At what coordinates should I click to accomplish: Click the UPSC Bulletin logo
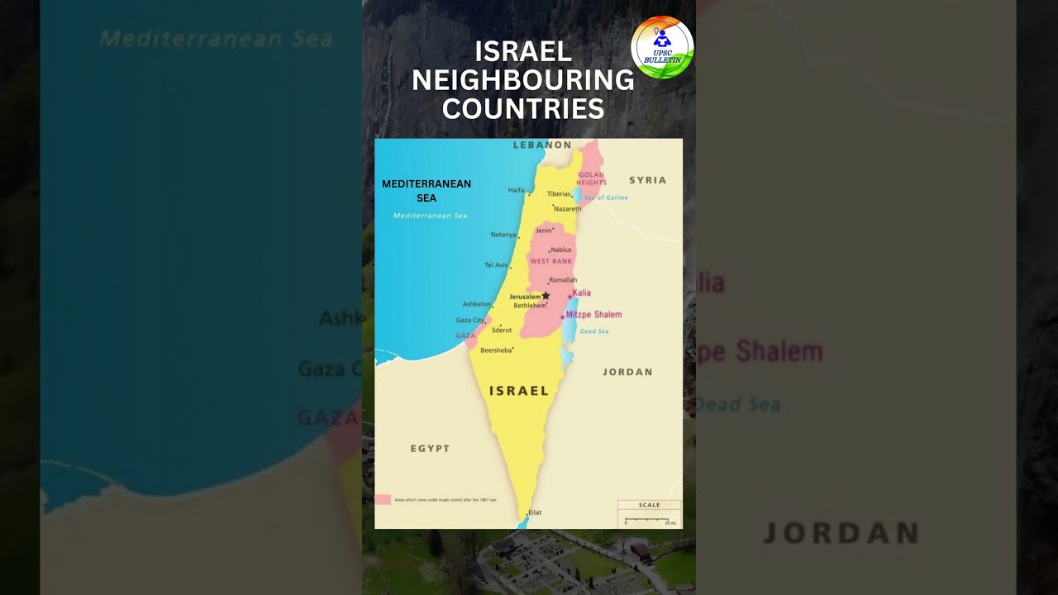[662, 47]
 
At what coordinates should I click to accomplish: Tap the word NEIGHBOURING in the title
[523, 80]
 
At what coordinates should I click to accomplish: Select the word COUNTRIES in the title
[523, 108]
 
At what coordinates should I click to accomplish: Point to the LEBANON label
[542, 145]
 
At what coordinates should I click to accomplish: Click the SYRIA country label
[647, 180]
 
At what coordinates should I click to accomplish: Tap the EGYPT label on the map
[430, 449]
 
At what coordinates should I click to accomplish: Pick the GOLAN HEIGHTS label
[592, 178]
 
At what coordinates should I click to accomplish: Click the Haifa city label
[516, 190]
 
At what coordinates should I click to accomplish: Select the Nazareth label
[567, 209]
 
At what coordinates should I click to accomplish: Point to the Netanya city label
[503, 235]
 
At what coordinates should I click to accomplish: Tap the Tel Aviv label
[496, 265]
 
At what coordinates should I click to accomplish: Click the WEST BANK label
[550, 261]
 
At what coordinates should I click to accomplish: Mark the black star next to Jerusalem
[546, 295]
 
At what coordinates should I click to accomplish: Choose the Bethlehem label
[529, 306]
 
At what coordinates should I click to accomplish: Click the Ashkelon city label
[476, 304]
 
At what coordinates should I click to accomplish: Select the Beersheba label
[495, 350]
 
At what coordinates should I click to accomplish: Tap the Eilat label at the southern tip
[535, 512]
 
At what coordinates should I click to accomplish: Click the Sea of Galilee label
[606, 198]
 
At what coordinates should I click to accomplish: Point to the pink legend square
[383, 500]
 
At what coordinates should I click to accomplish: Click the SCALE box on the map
[649, 513]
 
